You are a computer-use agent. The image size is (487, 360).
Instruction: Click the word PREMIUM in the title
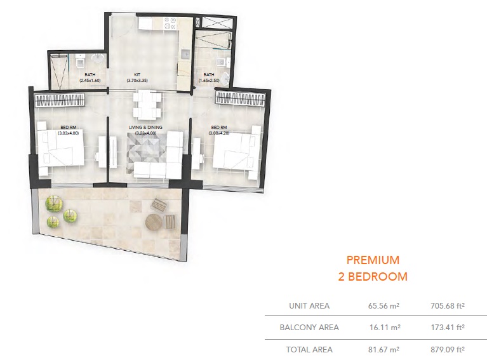[x=373, y=260]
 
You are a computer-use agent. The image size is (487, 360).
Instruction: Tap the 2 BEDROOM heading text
[x=373, y=276]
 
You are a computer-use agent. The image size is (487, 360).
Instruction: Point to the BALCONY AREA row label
[x=309, y=328]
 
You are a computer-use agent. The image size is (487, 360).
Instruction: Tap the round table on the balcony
[x=154, y=222]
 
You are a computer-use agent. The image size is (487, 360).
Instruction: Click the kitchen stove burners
[x=170, y=24]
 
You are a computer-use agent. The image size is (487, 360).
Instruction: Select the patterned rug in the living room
[x=147, y=151]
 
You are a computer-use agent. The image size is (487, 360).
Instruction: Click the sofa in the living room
[x=151, y=169]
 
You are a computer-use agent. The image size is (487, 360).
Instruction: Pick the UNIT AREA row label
[x=310, y=305]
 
